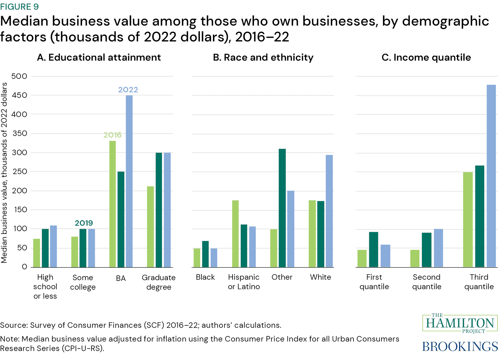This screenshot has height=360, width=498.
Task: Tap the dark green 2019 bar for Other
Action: (282, 208)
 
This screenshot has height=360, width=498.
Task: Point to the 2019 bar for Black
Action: (205, 254)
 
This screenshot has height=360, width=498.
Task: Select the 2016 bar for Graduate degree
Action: (150, 226)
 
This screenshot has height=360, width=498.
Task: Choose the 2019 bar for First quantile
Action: (373, 249)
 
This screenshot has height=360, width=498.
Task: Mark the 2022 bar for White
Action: (329, 211)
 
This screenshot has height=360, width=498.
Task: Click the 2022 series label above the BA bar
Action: (128, 90)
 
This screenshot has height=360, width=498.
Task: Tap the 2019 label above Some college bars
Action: (84, 223)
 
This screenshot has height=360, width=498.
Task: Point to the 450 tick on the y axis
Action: (19, 95)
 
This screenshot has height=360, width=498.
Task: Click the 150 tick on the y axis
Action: (19, 210)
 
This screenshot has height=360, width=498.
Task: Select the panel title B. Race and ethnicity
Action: (263, 57)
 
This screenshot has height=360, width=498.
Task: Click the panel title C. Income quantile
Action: (426, 57)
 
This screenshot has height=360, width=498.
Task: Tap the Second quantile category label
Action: (427, 282)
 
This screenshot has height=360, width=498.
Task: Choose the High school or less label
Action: (45, 286)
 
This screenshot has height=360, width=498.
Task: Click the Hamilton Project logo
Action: (459, 323)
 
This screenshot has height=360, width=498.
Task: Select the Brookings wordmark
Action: (459, 346)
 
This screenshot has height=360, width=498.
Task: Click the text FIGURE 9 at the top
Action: (19, 6)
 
